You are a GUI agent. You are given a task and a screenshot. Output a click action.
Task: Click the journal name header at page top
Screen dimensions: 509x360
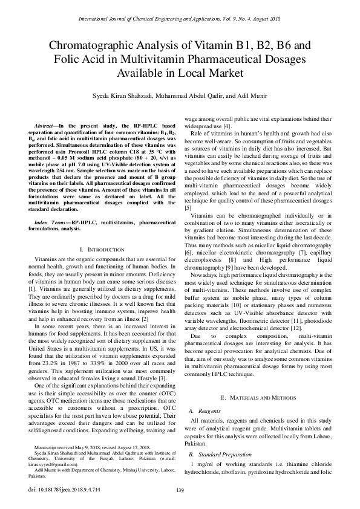tap(180, 19)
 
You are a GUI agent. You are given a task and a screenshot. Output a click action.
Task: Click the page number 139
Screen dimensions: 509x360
tap(180, 490)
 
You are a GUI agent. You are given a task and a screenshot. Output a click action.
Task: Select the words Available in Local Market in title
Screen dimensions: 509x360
tap(180, 73)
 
